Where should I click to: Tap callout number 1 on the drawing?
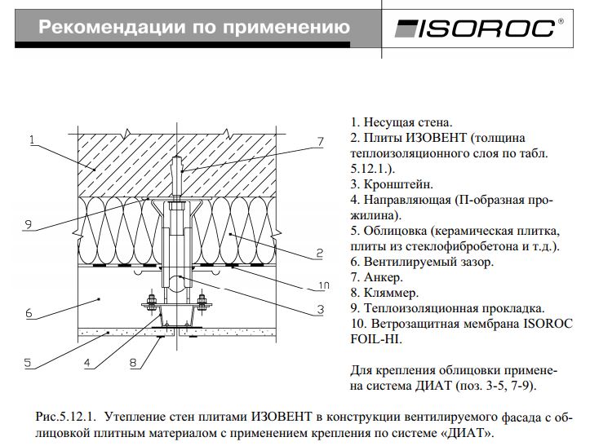click(x=30, y=140)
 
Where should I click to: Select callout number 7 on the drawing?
click(x=321, y=141)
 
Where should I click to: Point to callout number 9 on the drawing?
click(x=28, y=224)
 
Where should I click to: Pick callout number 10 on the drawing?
click(x=323, y=285)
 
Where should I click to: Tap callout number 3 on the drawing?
click(x=321, y=308)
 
